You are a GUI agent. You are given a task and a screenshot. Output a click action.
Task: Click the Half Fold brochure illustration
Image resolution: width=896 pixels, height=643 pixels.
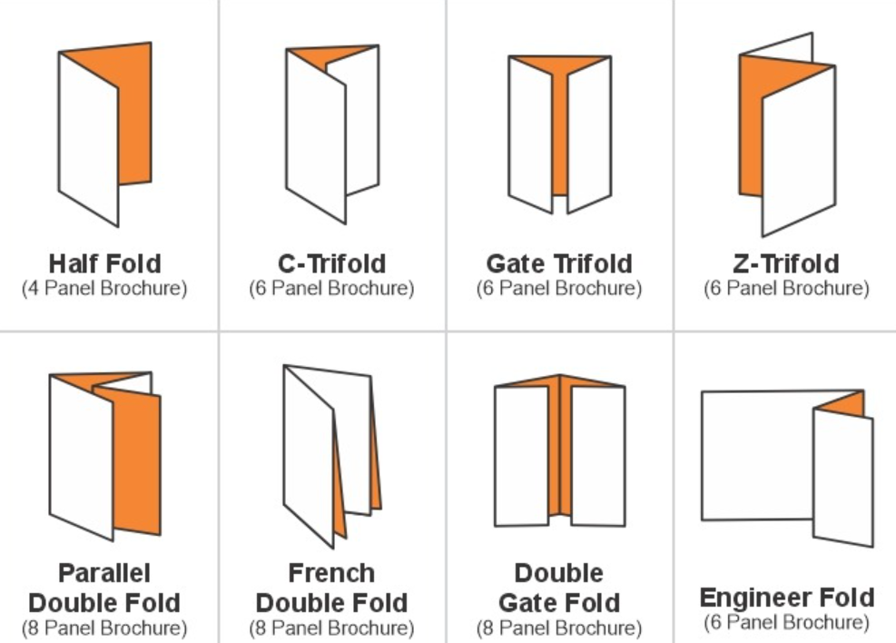(104, 134)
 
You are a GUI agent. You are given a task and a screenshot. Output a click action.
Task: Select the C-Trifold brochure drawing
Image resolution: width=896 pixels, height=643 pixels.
(332, 134)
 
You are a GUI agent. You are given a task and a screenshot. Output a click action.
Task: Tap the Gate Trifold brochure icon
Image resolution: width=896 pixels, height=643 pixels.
(560, 134)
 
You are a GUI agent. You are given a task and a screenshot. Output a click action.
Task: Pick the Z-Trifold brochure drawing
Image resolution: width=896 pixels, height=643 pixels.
(787, 134)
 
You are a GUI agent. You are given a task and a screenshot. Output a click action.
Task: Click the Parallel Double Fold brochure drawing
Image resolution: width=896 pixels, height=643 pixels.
(105, 456)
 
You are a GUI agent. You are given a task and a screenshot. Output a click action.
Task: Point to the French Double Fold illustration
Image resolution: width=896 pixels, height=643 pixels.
(332, 456)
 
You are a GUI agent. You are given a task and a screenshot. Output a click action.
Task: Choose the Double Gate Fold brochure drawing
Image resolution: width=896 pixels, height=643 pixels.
(560, 450)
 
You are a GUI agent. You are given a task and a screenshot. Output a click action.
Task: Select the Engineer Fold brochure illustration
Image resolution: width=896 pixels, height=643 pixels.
(787, 468)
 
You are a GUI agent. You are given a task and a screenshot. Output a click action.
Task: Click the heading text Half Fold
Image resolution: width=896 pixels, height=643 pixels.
(105, 263)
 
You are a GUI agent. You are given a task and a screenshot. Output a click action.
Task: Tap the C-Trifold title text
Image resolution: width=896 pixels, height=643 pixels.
(332, 263)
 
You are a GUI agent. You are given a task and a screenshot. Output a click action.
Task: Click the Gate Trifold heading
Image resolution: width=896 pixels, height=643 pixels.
(559, 263)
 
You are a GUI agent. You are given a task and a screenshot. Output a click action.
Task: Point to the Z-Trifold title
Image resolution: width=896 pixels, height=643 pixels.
(786, 263)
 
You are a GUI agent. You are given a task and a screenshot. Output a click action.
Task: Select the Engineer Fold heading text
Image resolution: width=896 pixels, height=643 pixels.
(787, 598)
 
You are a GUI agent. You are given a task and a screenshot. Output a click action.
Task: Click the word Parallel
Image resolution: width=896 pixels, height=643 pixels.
(104, 573)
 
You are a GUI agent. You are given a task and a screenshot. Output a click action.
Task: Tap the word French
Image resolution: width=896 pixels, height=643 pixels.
(332, 573)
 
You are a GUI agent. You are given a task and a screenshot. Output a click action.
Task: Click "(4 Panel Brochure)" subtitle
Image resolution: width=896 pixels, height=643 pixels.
(104, 288)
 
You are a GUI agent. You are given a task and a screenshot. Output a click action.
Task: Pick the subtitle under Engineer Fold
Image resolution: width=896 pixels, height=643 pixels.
(787, 622)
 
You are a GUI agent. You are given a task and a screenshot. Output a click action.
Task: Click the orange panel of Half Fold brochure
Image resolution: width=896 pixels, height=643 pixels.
(135, 114)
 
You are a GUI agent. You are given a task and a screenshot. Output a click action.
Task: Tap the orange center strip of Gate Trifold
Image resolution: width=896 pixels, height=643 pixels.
(560, 137)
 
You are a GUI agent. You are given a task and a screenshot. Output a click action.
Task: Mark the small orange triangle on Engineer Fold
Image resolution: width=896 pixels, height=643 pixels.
(842, 403)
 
